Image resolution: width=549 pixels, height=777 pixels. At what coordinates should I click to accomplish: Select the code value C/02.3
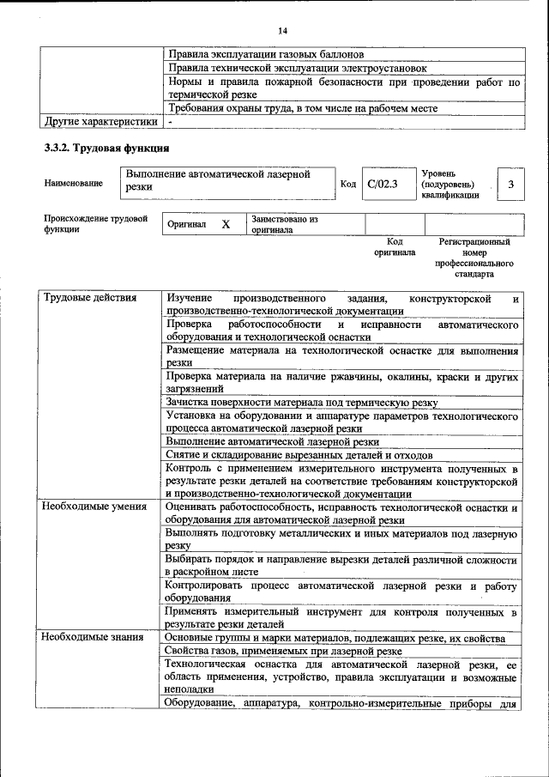pos(383,184)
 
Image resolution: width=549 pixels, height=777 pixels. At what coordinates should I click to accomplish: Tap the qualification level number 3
pos(510,184)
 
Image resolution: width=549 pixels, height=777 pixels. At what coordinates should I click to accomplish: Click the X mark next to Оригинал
pos(226,224)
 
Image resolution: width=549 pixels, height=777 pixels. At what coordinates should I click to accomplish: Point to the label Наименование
pos(73,183)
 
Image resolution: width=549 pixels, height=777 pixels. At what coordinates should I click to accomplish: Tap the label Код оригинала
pos(395,247)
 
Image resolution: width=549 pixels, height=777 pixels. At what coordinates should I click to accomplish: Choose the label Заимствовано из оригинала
pos(285,224)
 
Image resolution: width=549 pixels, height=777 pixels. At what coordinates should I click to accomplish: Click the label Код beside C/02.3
pos(348,184)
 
